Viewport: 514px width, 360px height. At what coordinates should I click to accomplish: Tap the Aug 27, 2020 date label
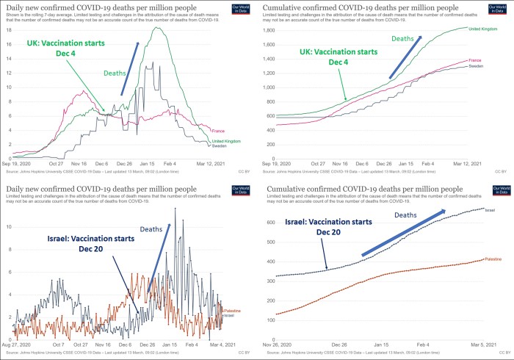(15, 344)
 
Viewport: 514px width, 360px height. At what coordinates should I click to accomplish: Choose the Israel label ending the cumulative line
(491, 209)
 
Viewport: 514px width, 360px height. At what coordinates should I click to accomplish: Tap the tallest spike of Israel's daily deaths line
(175, 209)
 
